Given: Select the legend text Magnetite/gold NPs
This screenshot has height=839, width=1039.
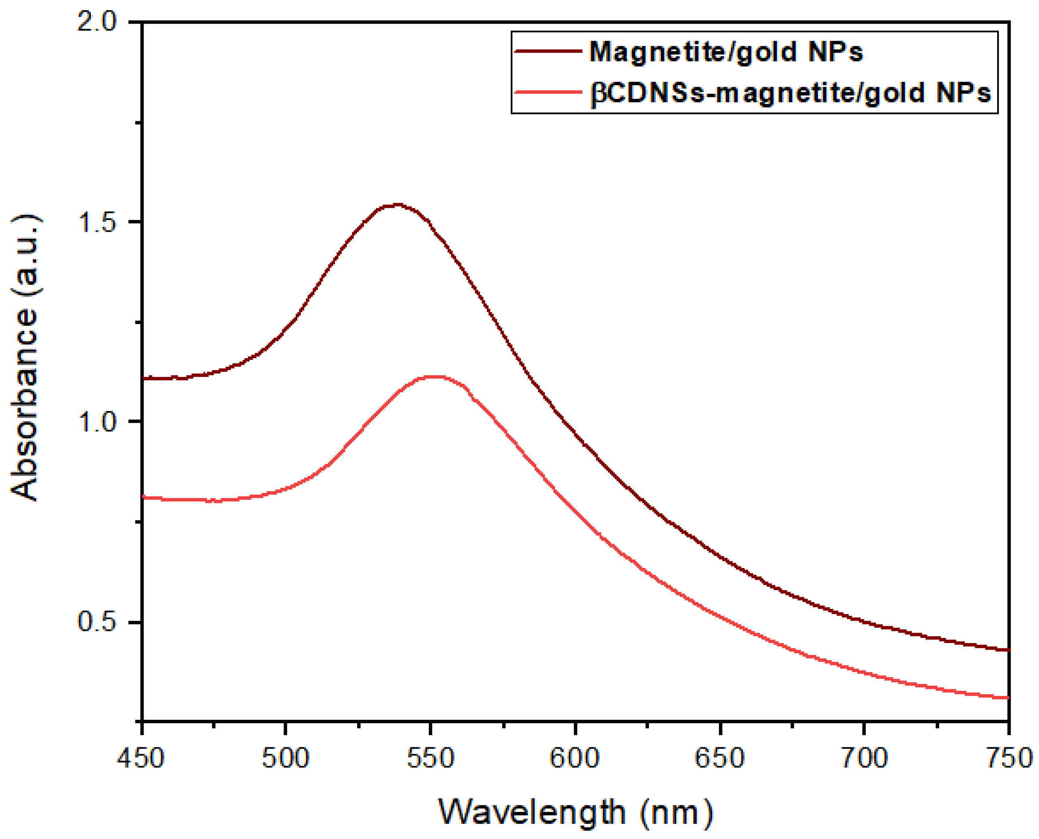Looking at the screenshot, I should (x=726, y=51).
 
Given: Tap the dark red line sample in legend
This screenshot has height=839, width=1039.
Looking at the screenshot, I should (x=548, y=51).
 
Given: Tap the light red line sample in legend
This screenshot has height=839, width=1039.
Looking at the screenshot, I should (x=548, y=92).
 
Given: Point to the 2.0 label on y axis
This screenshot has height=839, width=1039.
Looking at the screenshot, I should (x=97, y=22).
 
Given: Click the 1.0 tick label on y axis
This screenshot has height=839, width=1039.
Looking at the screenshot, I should (x=97, y=422).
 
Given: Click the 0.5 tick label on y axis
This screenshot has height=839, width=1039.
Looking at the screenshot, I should (x=97, y=622).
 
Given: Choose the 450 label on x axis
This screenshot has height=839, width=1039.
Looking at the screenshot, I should (x=141, y=758).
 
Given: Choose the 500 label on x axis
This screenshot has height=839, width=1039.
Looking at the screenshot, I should (x=286, y=758).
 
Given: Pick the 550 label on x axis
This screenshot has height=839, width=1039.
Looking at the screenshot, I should (x=430, y=758).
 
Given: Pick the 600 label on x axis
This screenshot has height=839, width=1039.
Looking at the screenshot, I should (x=574, y=758).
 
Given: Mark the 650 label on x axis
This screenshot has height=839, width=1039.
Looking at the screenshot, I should (x=719, y=758).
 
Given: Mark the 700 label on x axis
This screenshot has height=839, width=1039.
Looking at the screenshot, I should (x=864, y=758).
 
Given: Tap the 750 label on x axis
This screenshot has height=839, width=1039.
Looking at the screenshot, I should (x=1009, y=758).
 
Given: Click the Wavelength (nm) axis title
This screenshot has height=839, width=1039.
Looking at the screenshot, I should (x=575, y=812).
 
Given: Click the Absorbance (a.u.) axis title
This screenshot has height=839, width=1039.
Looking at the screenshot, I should (x=25, y=358).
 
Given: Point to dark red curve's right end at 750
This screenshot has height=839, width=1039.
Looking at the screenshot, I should (x=1008, y=650).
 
